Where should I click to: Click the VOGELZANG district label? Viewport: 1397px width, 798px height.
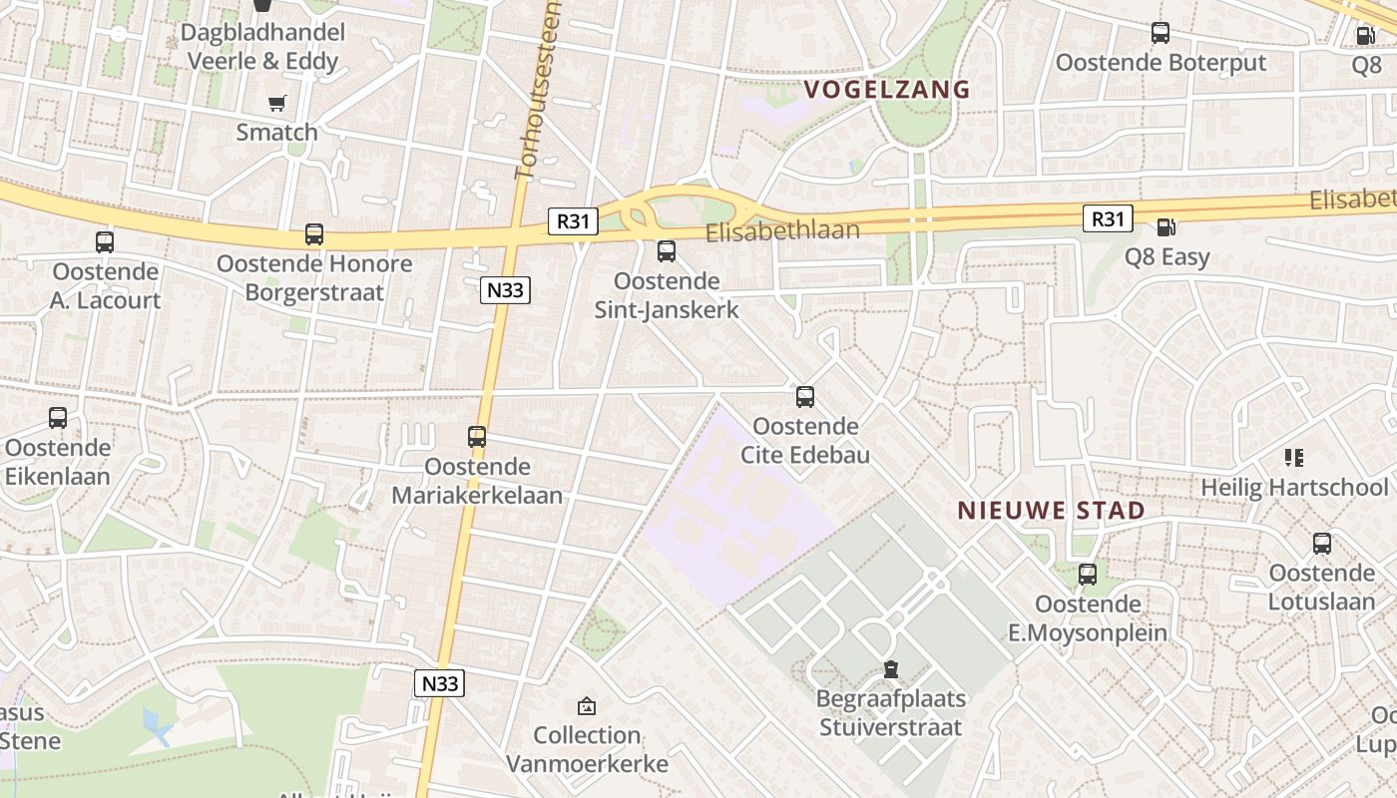pyautogui.click(x=886, y=89)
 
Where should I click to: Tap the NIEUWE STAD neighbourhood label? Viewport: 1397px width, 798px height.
pyautogui.click(x=1051, y=511)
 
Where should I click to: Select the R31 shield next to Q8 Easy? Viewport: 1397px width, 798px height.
pyautogui.click(x=1108, y=218)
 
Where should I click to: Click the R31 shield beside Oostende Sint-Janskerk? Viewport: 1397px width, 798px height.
pyautogui.click(x=572, y=220)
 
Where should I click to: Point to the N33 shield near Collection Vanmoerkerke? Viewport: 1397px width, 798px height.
pyautogui.click(x=440, y=683)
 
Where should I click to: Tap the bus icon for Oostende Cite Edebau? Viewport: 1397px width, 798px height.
pyautogui.click(x=805, y=397)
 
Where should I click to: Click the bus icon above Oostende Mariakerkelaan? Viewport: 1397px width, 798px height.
pyautogui.click(x=477, y=436)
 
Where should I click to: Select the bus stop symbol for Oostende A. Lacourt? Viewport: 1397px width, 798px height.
pyautogui.click(x=105, y=241)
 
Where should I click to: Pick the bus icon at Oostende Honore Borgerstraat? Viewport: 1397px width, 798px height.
pyautogui.click(x=314, y=234)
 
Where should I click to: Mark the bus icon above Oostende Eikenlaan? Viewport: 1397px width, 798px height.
pyautogui.click(x=58, y=418)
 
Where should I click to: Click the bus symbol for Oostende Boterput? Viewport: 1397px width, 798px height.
pyautogui.click(x=1161, y=33)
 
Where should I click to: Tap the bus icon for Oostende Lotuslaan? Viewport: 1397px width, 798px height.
pyautogui.click(x=1322, y=544)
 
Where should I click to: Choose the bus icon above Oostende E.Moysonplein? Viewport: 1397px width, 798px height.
pyautogui.click(x=1088, y=575)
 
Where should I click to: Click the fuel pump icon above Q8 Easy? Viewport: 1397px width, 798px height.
pyautogui.click(x=1165, y=228)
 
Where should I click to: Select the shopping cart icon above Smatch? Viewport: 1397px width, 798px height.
pyautogui.click(x=277, y=103)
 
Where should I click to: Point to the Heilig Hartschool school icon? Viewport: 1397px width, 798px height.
pyautogui.click(x=1294, y=458)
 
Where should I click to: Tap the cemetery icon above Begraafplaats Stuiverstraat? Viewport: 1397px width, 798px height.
pyautogui.click(x=890, y=669)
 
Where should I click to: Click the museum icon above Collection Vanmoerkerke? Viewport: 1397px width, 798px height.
pyautogui.click(x=587, y=706)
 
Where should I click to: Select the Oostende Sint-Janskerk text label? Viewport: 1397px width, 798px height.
pyautogui.click(x=667, y=295)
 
